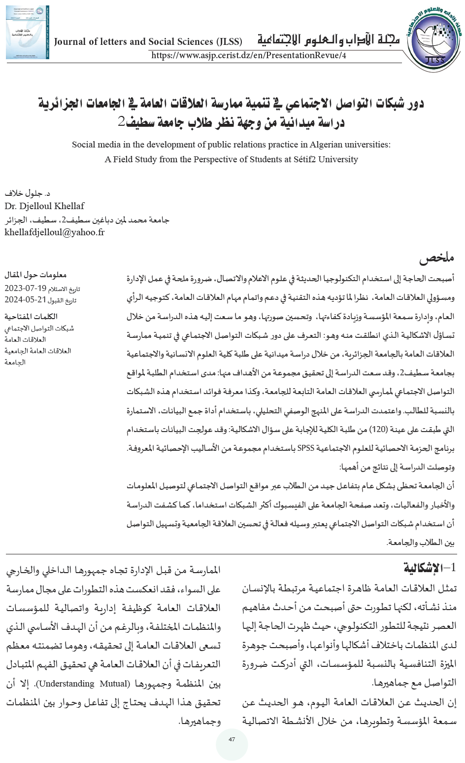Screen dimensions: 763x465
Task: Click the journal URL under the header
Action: [x=249, y=55]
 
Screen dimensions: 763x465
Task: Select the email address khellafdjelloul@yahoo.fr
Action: [x=55, y=232]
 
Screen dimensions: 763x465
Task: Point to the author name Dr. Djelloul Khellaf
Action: [x=44, y=206]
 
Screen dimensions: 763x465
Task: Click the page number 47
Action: [x=232, y=739]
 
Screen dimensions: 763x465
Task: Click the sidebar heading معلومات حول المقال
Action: [x=37, y=275]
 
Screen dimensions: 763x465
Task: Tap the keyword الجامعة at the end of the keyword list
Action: [x=15, y=363]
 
